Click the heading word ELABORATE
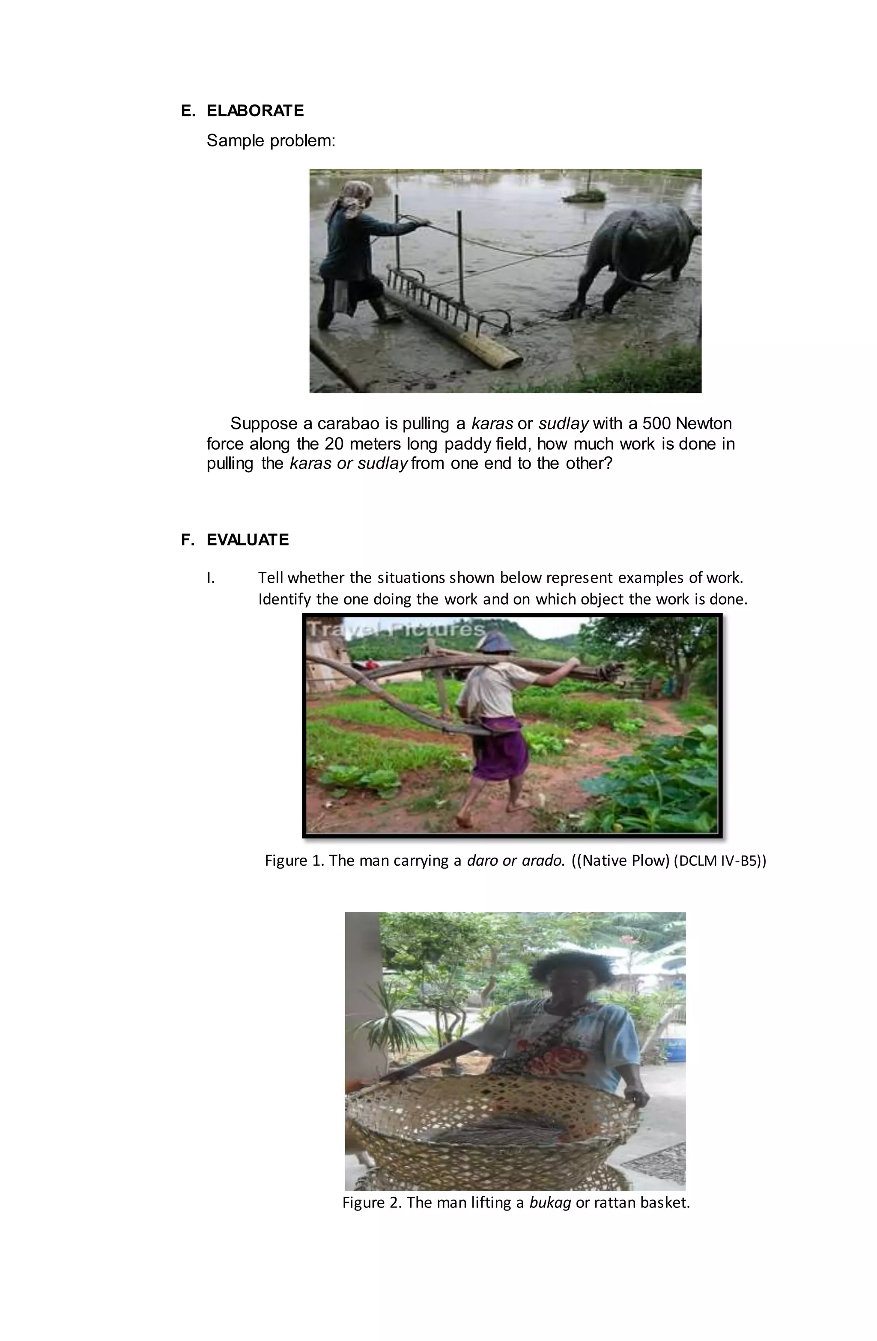pos(255,110)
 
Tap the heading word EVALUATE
pos(248,540)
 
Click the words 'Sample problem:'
pos(271,140)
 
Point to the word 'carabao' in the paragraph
pos(349,423)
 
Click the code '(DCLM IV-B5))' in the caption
pos(720,860)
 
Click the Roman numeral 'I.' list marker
pos(211,578)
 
